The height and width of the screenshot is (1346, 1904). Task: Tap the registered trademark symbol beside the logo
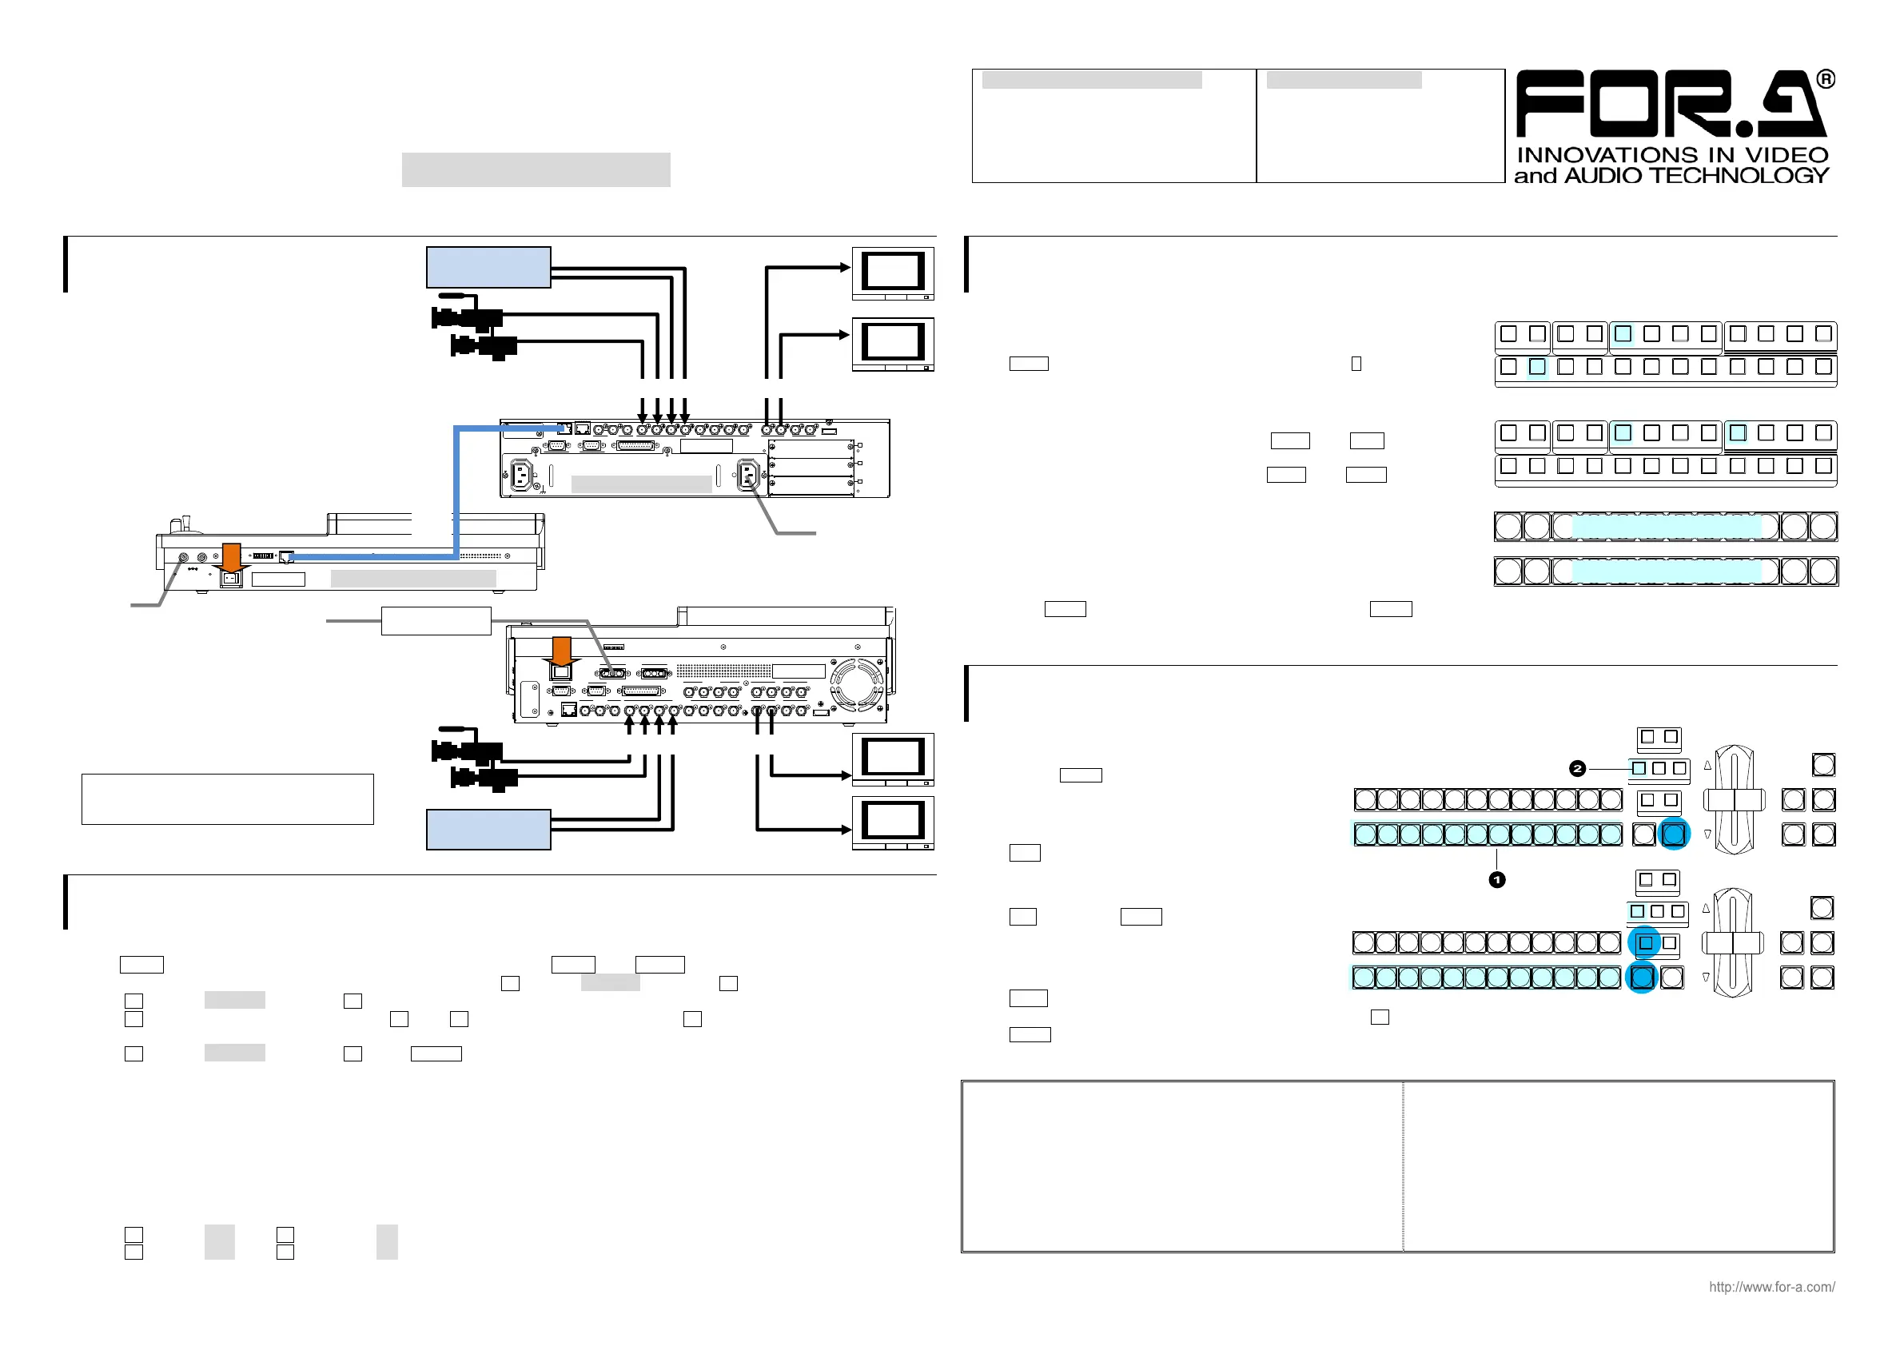tap(1825, 80)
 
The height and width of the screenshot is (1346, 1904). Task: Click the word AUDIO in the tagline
tap(1602, 176)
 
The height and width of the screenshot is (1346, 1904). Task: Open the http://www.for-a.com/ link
tap(1771, 1287)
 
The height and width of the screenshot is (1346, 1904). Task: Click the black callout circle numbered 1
tap(1497, 880)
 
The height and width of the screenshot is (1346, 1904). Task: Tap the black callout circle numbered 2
tap(1577, 769)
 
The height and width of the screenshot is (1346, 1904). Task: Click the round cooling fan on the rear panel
tap(858, 686)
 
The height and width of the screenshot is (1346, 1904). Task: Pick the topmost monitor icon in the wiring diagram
tap(893, 273)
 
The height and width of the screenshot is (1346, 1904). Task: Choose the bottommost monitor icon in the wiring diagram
tap(893, 822)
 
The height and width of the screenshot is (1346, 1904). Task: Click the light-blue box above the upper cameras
tap(488, 267)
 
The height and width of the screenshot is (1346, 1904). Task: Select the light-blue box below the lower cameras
tap(488, 830)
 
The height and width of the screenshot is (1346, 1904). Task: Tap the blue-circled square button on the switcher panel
tap(1645, 943)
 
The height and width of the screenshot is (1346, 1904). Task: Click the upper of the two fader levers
tap(1734, 799)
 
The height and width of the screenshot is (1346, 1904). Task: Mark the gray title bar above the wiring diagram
tap(536, 169)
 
